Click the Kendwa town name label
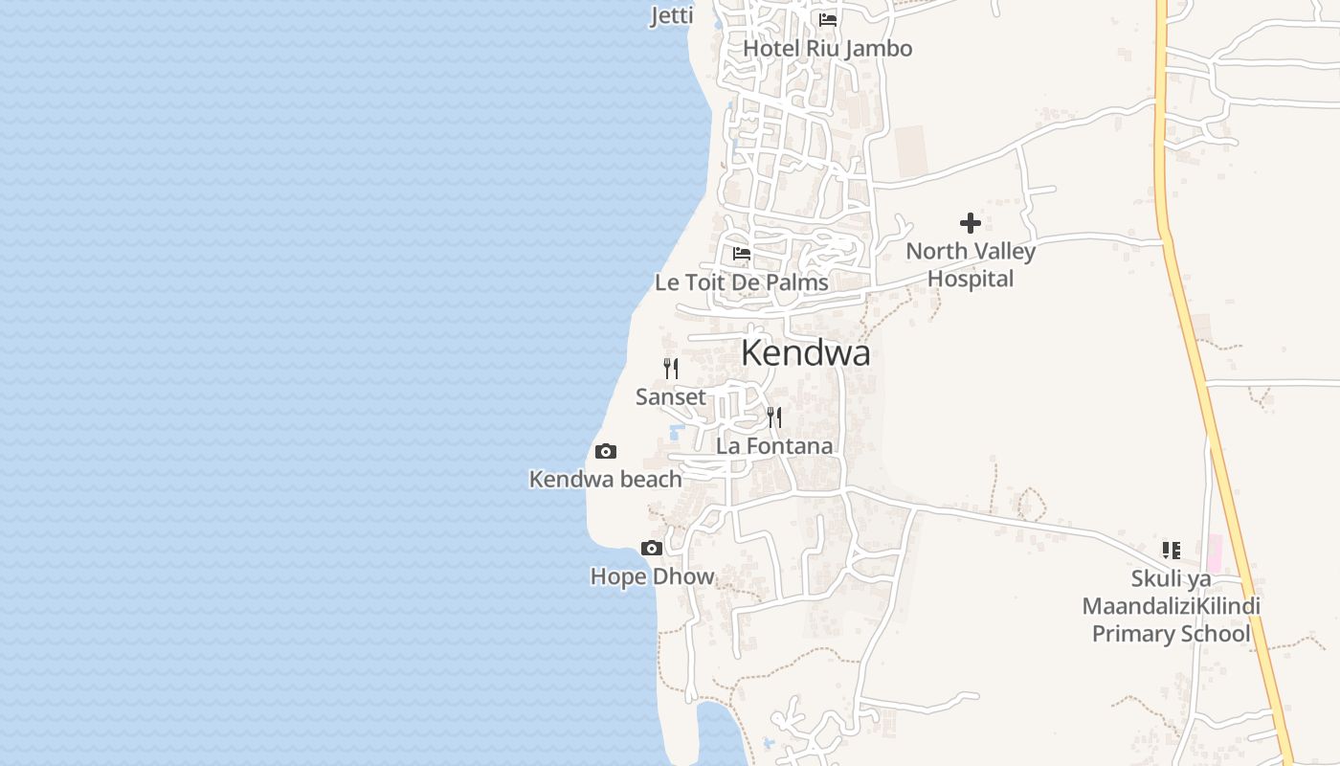click(x=805, y=353)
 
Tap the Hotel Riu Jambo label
click(x=827, y=48)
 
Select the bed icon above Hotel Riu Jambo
click(x=828, y=19)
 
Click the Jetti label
click(x=672, y=15)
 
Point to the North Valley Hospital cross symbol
click(x=971, y=223)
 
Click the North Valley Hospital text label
click(x=971, y=265)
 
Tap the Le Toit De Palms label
click(x=741, y=282)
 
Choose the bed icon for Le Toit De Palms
click(x=742, y=254)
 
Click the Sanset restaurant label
click(x=670, y=396)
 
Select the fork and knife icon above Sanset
click(x=671, y=368)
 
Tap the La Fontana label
click(x=774, y=446)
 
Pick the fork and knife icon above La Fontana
click(x=774, y=417)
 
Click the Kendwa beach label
click(x=605, y=480)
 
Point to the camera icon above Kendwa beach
click(x=606, y=452)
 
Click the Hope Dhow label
click(x=652, y=576)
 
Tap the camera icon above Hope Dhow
click(x=652, y=549)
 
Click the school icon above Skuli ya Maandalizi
click(x=1171, y=551)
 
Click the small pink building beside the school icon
click(x=1215, y=554)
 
